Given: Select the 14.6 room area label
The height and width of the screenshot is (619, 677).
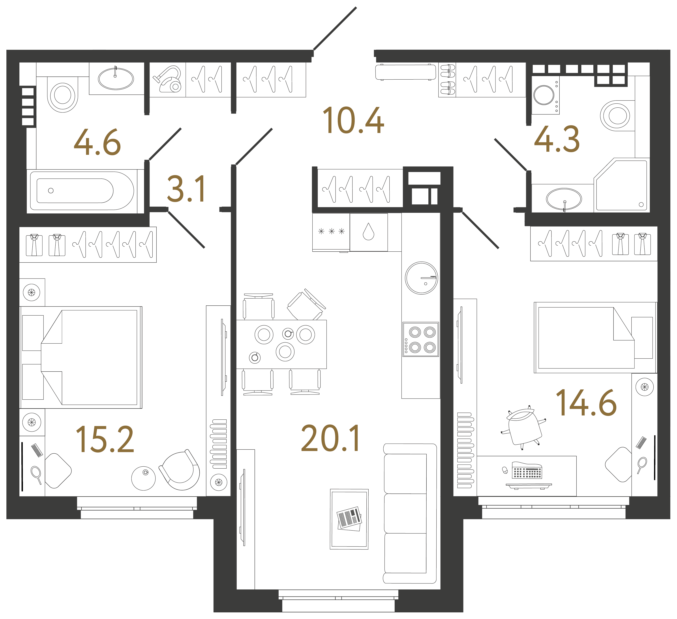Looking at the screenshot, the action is tap(586, 403).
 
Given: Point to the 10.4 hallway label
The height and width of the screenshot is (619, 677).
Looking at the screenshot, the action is tap(353, 120).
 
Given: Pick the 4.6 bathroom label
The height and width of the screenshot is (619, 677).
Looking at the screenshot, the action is tap(97, 142).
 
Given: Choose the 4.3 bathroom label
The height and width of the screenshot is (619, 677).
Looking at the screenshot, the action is tap(557, 139).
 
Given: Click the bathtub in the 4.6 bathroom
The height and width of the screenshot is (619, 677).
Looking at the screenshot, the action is tap(82, 191).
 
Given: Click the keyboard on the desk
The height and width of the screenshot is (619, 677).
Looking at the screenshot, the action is tap(527, 470).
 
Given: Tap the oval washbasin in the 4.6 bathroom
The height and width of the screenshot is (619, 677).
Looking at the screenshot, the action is tap(116, 79).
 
